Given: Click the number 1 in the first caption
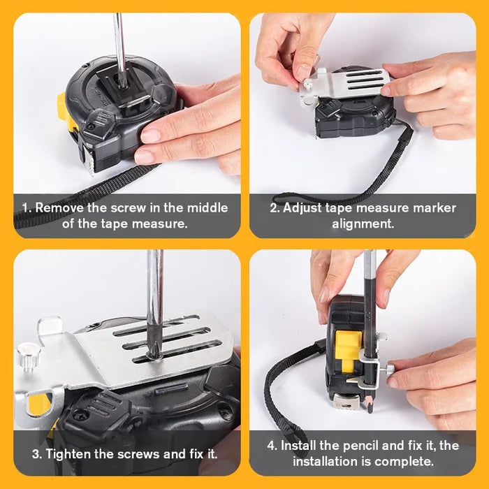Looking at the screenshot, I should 24,207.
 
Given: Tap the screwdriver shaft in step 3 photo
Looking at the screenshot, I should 154,293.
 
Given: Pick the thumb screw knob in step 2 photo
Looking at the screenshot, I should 307,84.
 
